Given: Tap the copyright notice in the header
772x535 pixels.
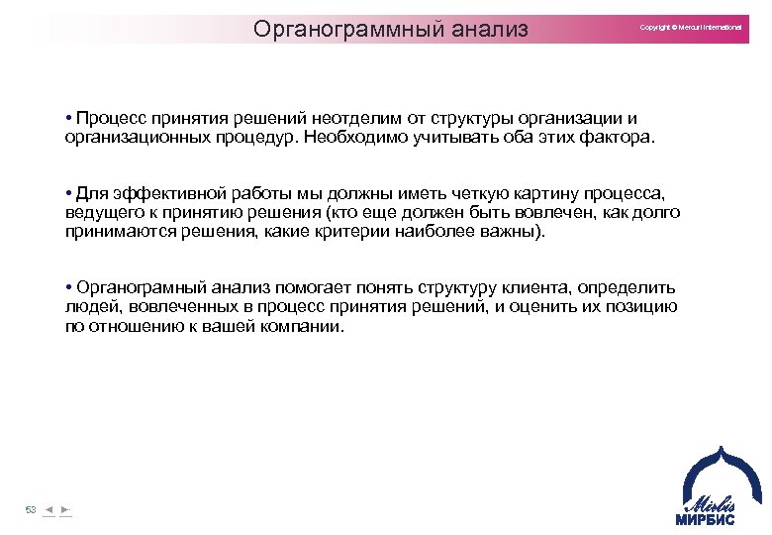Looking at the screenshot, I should (x=690, y=27).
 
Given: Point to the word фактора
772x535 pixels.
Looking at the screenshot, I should (x=622, y=137).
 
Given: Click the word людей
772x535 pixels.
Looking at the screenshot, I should (x=89, y=307).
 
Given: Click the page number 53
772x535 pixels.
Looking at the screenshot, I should (x=31, y=509).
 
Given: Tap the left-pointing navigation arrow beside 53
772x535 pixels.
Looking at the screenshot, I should (x=48, y=509).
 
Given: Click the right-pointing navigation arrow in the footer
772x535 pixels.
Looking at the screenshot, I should (x=65, y=509).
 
